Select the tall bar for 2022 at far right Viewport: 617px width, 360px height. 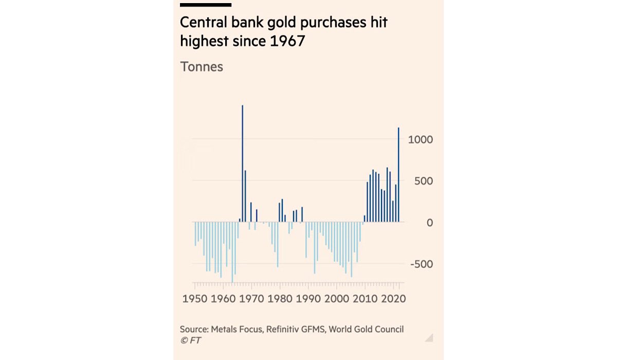(398, 175)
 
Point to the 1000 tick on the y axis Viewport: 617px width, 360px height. (421, 140)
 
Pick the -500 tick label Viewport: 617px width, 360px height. (422, 264)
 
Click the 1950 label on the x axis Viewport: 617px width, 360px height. (194, 299)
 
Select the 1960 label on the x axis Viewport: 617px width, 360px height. (223, 299)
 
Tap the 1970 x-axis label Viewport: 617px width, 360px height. (251, 299)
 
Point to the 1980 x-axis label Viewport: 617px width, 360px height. (280, 299)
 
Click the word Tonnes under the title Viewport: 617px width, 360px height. (201, 67)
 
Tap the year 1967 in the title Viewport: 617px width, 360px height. (287, 41)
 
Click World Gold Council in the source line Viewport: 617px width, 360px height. (368, 329)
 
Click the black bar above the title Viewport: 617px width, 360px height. (206, 5)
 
